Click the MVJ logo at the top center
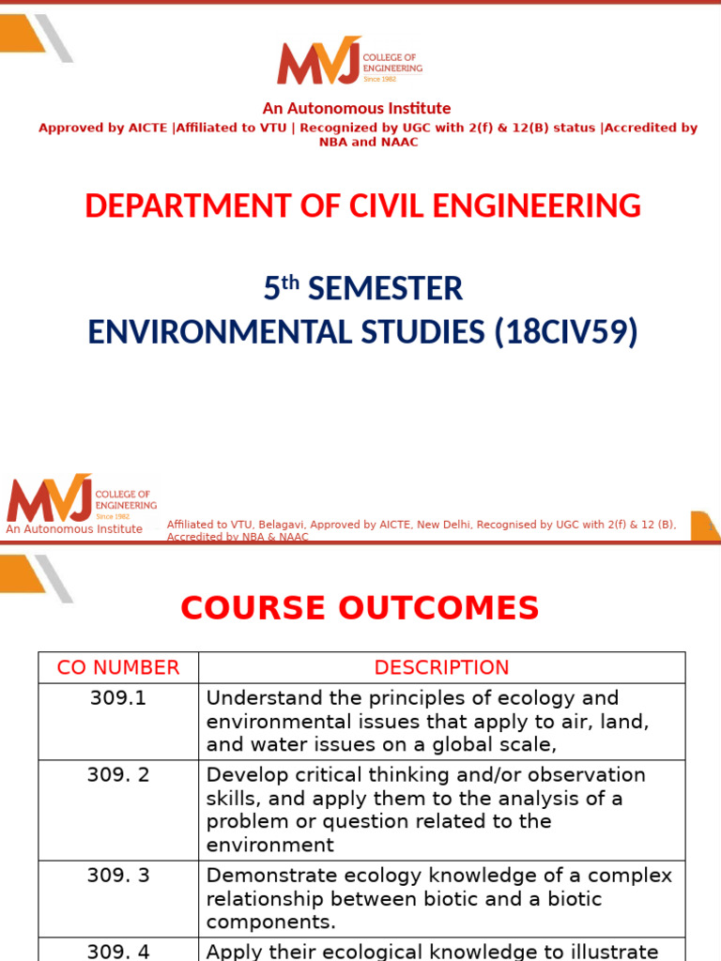click(x=349, y=60)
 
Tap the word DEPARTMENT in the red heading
click(x=188, y=206)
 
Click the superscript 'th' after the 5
click(x=290, y=282)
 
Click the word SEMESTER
click(x=385, y=289)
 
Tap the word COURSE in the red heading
click(x=253, y=608)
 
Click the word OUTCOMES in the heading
click(x=438, y=608)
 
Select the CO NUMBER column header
click(x=118, y=667)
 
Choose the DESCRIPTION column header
click(x=441, y=667)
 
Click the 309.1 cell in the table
click(x=118, y=698)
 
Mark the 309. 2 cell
click(x=118, y=774)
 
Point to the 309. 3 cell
click(x=118, y=876)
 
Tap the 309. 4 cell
click(x=118, y=952)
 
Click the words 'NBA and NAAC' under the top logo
click(x=368, y=143)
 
